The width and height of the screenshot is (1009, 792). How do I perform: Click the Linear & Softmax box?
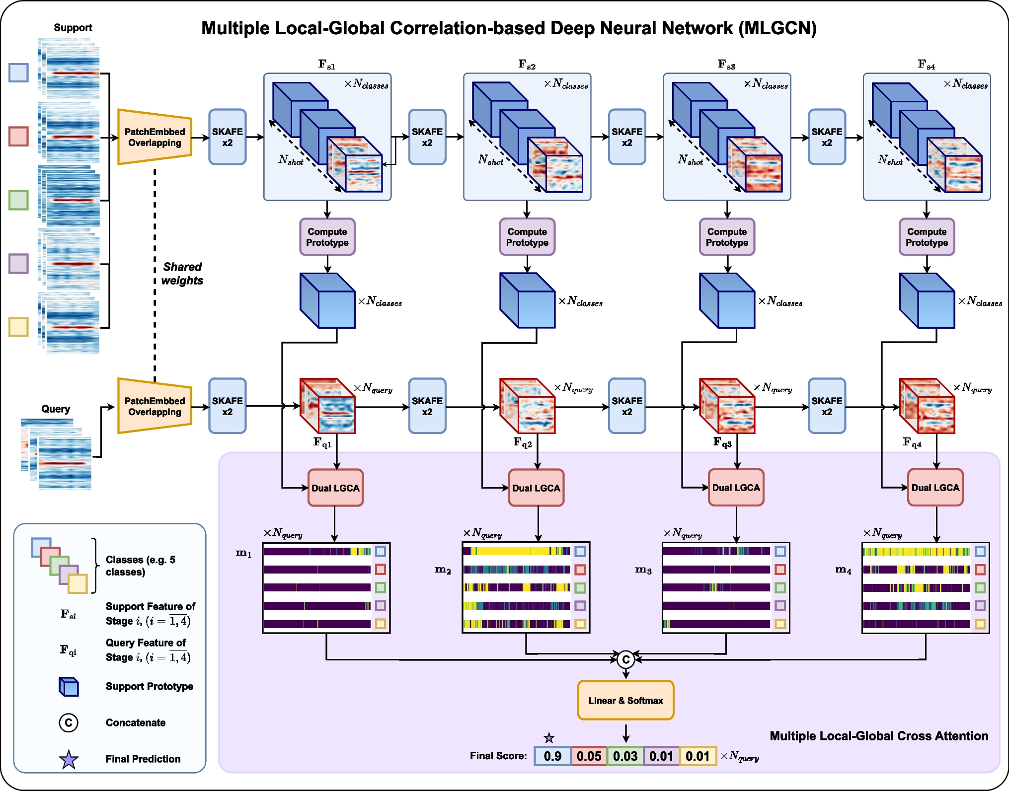point(625,700)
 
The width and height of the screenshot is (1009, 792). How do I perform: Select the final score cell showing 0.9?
point(552,756)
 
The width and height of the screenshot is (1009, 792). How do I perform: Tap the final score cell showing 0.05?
point(589,756)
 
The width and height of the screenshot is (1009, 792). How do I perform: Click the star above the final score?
point(548,738)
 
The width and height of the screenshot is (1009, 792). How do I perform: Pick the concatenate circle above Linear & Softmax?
point(625,659)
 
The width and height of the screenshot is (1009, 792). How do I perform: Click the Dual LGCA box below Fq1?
point(335,488)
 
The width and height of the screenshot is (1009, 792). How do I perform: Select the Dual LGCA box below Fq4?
point(935,488)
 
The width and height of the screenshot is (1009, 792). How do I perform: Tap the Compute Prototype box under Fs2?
point(527,237)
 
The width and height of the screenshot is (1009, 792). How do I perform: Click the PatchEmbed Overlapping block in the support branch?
point(155,137)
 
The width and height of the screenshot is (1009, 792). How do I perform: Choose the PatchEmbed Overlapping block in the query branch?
point(155,406)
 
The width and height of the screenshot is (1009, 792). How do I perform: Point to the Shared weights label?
point(182,274)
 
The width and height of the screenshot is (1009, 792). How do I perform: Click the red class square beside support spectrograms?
point(18,136)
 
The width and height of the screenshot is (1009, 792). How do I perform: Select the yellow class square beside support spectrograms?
point(18,327)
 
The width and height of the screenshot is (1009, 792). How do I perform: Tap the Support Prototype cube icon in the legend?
point(69,687)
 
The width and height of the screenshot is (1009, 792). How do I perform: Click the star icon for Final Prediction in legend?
point(69,759)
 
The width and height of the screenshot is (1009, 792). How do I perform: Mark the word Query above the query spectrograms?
point(55,409)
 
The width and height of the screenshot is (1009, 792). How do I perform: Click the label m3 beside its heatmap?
point(643,570)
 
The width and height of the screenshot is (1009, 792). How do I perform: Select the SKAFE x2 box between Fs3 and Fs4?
point(827,137)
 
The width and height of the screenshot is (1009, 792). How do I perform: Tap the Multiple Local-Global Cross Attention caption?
point(878,736)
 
